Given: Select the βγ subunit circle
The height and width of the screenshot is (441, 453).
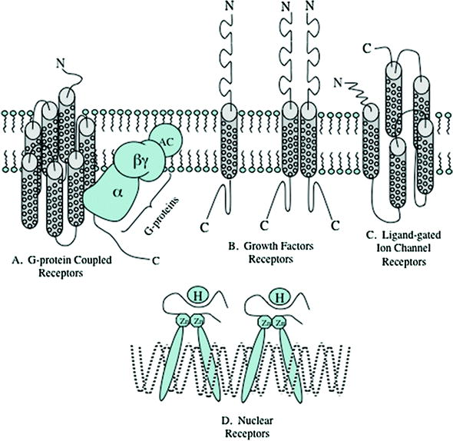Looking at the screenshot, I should tap(139, 162).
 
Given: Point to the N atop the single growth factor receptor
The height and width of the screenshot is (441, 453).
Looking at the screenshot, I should tap(228, 8).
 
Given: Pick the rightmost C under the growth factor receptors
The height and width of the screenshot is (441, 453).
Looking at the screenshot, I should tap(335, 226).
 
